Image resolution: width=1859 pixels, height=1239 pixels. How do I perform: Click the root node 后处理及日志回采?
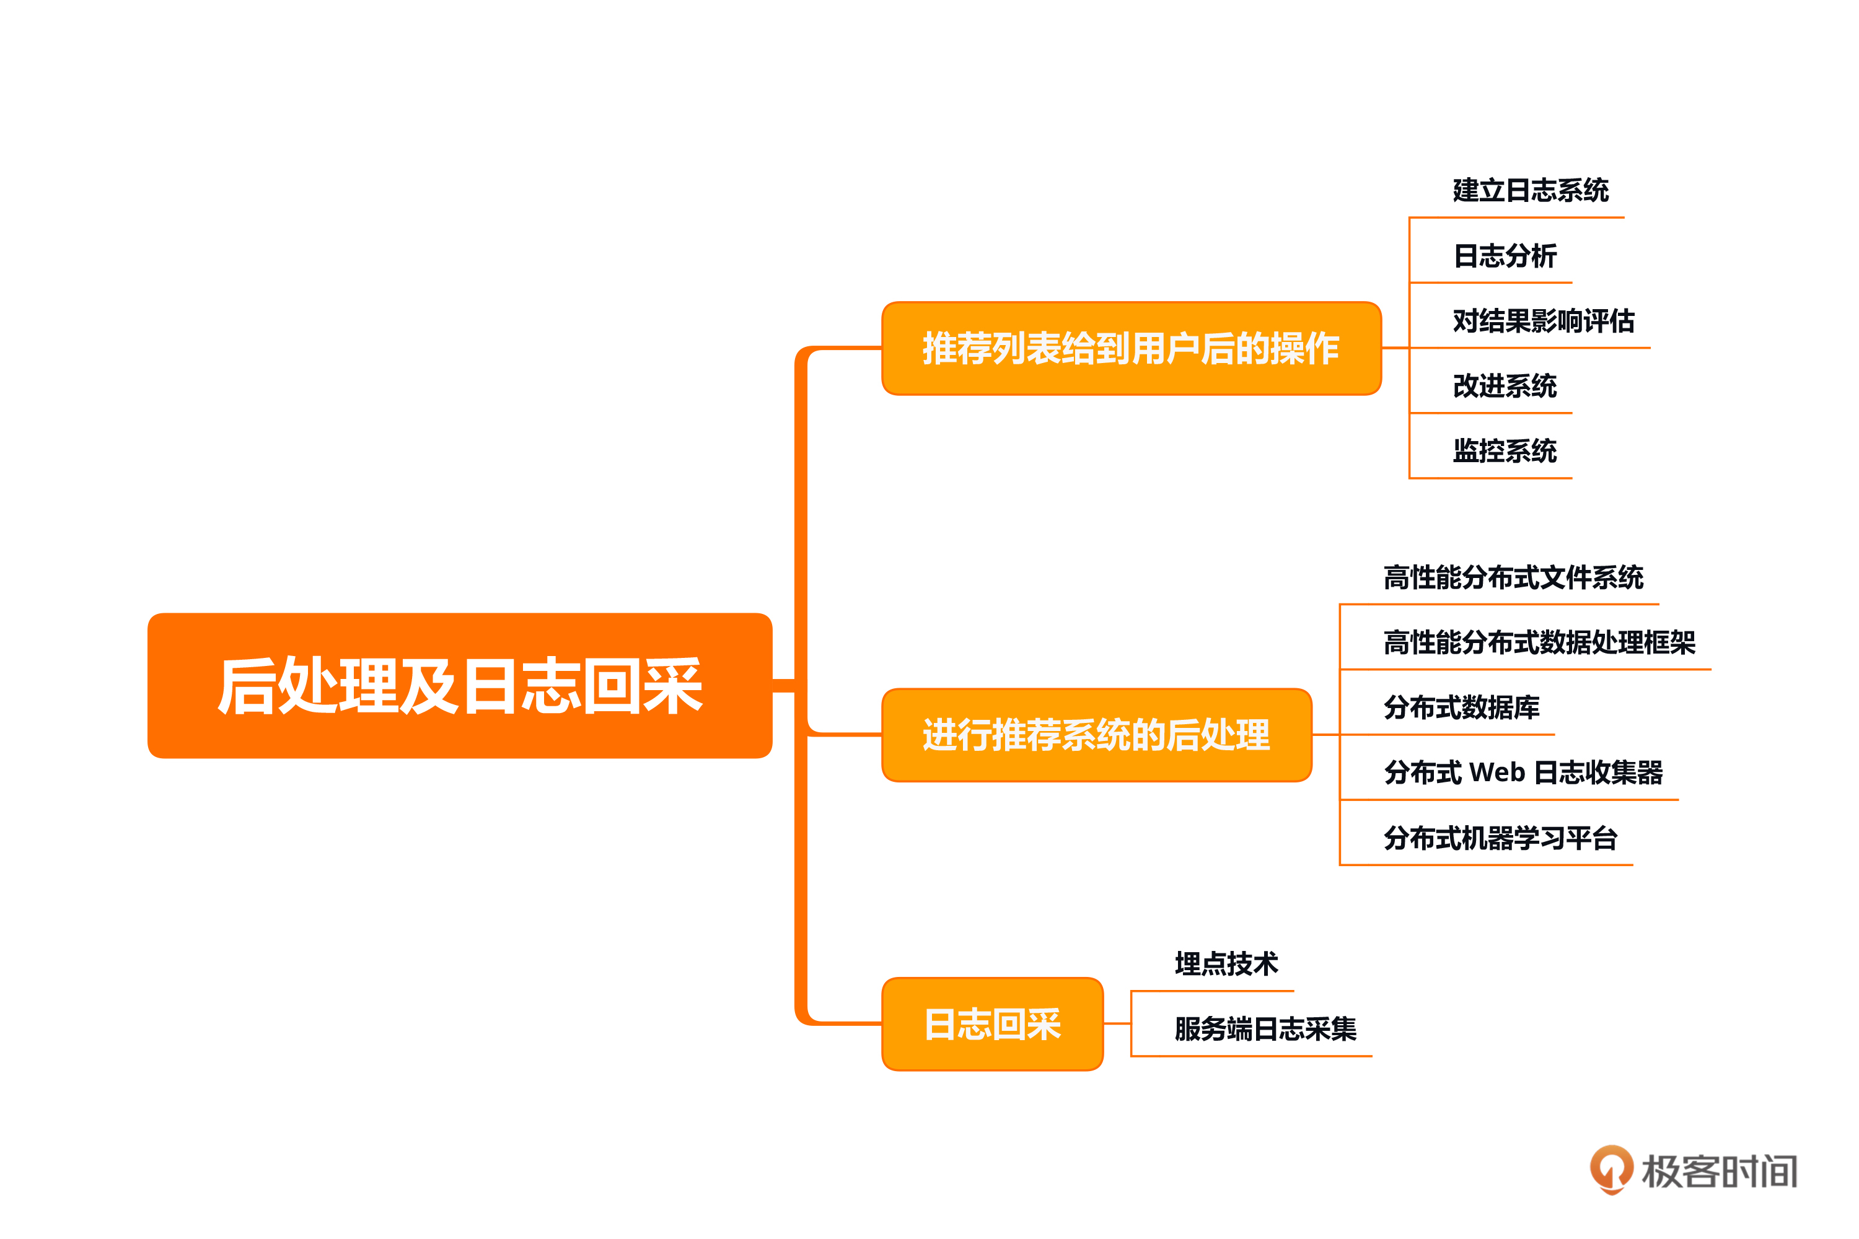point(459,685)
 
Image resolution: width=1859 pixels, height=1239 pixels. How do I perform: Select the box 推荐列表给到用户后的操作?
point(1131,348)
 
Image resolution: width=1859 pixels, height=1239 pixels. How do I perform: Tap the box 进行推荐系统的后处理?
point(1096,735)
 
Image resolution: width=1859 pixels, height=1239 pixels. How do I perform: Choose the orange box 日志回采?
point(992,1024)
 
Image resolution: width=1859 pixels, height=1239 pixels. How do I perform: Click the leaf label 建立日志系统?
point(1530,190)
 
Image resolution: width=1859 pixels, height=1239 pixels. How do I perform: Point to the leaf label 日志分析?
point(1505,256)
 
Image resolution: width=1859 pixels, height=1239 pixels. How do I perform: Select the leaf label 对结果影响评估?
point(1543,321)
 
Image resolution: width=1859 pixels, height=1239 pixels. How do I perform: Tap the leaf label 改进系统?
point(1505,385)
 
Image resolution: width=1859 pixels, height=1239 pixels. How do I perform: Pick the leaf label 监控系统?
point(1505,451)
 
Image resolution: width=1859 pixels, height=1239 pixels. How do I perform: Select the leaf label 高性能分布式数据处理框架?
point(1539,642)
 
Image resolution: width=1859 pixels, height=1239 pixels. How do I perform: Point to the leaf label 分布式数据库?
point(1461,707)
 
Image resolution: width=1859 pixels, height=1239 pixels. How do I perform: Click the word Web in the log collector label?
point(1497,773)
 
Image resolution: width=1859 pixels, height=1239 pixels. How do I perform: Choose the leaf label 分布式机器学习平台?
point(1500,838)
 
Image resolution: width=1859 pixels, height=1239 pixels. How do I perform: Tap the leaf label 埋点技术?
point(1226,964)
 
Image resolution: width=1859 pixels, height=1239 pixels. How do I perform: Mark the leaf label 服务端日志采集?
point(1265,1029)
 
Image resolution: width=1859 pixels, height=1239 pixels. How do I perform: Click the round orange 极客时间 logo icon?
point(1611,1168)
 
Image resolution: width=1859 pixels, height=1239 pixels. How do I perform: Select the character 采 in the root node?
point(672,686)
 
